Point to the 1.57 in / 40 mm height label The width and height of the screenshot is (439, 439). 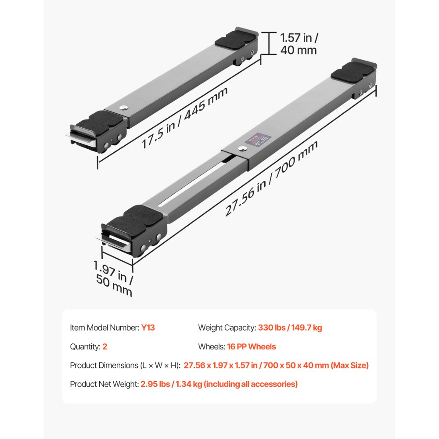coord(299,43)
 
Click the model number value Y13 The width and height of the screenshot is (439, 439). coord(148,327)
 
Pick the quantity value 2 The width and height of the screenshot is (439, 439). coord(105,346)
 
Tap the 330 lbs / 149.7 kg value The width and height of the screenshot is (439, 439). coord(290,327)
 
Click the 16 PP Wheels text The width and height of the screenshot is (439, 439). coord(252,346)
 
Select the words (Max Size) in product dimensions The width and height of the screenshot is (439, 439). coord(349,365)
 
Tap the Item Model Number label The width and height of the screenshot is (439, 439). coord(104,327)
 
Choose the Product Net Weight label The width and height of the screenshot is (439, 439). coord(104,384)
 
